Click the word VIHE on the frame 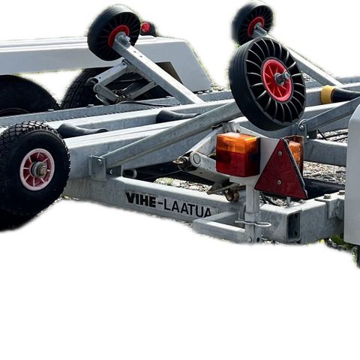[140, 199]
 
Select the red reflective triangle [281, 169]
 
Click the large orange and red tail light [238, 154]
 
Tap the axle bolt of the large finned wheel [282, 77]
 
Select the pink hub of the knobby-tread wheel [37, 169]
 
